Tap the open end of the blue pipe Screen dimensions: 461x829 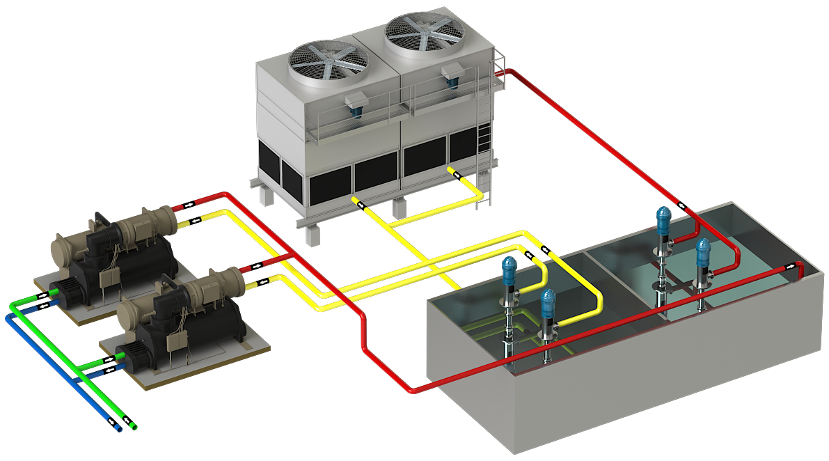coord(117,427)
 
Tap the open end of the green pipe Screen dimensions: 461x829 coord(133,425)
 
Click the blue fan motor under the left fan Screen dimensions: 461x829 coord(356,104)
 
